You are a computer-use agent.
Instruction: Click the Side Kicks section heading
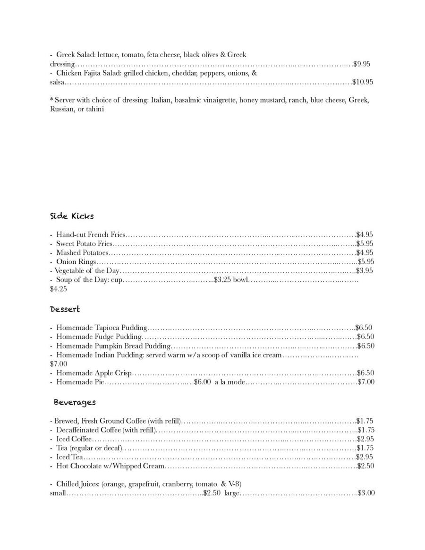(72, 216)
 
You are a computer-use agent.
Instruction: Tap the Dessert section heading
(65, 309)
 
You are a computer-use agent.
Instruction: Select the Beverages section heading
(75, 402)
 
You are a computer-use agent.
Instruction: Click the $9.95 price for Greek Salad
(362, 64)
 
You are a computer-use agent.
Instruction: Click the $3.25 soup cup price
(222, 280)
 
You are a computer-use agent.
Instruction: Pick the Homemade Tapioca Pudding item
(102, 328)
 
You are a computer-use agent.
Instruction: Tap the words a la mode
(229, 382)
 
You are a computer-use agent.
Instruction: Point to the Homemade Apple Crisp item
(94, 373)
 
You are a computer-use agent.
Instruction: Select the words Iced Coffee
(70, 439)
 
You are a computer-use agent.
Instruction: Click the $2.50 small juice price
(212, 493)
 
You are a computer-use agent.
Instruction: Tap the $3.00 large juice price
(366, 493)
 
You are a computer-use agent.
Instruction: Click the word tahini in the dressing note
(94, 109)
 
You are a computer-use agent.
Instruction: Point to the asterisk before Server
(51, 100)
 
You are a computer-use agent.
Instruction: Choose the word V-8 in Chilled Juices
(235, 484)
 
